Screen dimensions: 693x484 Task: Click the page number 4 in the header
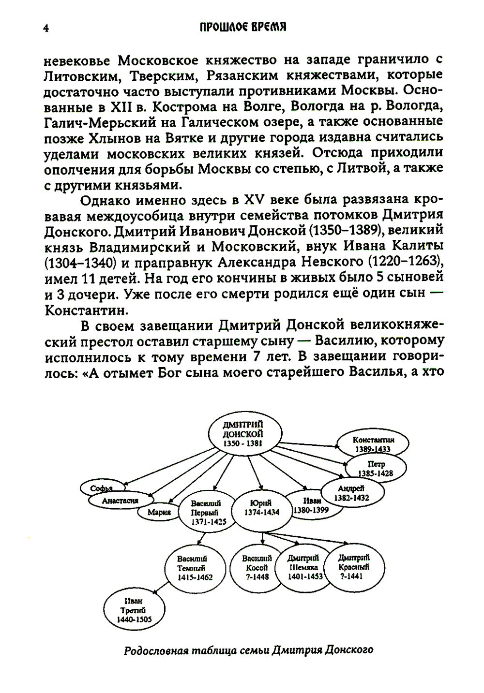(x=46, y=28)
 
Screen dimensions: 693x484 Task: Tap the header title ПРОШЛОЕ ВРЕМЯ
(x=243, y=27)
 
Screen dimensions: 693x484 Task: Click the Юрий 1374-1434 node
(x=262, y=507)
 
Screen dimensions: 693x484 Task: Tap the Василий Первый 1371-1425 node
(x=205, y=512)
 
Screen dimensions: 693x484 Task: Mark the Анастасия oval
(x=120, y=501)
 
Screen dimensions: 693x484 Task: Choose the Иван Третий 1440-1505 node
(x=134, y=610)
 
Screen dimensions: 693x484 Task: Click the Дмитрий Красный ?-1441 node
(x=354, y=566)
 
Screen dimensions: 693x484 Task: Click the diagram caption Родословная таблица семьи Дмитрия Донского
(x=248, y=649)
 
